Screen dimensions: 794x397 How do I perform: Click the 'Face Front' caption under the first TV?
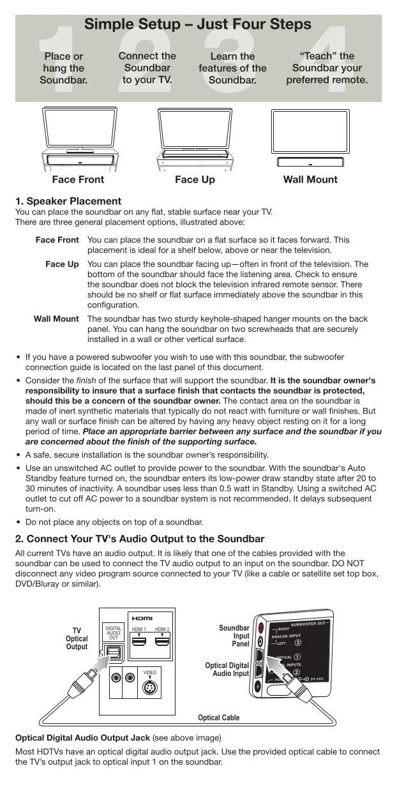pos(78,179)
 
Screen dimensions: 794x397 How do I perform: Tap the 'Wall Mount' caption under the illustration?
pos(310,179)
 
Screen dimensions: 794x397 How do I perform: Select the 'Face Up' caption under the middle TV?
pos(195,179)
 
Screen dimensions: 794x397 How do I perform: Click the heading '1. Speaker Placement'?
pos(68,202)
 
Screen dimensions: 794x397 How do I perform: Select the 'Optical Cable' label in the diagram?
pos(218,717)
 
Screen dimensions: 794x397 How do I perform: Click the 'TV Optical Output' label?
pos(77,638)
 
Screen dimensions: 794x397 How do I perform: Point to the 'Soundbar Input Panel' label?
pos(234,636)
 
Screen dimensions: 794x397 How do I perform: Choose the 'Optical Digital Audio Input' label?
pos(227,670)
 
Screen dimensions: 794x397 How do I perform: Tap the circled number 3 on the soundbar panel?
pos(297,643)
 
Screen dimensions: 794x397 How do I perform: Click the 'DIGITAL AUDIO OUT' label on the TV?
pos(114,633)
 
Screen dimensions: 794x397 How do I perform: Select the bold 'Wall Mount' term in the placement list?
pos(56,318)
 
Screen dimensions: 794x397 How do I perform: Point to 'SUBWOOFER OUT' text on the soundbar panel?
pos(309,624)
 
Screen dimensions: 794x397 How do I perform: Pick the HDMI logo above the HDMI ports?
pos(142,618)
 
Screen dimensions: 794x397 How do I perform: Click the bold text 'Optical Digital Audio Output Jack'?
pos(82,737)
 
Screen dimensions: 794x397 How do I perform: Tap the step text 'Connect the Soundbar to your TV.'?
pos(147,68)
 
